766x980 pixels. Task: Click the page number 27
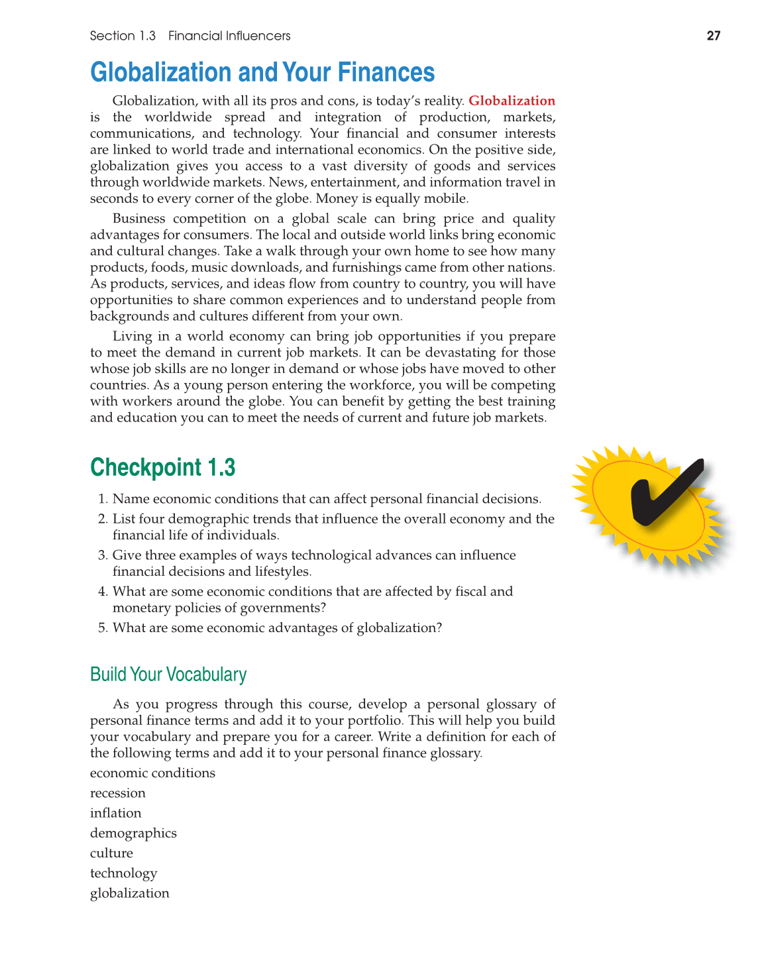pos(713,36)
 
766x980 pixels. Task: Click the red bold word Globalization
pos(512,101)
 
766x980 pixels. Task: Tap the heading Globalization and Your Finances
pos(262,72)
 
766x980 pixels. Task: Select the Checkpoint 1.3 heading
pos(163,467)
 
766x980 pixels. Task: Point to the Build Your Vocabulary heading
pos(168,675)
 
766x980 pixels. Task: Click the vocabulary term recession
pos(118,793)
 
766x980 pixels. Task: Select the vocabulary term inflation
pos(116,813)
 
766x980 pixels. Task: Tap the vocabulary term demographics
pos(133,833)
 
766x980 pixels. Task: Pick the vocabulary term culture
pos(111,853)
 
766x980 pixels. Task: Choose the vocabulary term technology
pos(124,873)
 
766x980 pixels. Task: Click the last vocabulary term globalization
pos(130,893)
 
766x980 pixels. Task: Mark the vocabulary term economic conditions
pos(152,773)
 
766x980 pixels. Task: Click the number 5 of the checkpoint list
pos(102,628)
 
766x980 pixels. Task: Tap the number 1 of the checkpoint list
pos(102,499)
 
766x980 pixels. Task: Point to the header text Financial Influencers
pos(229,36)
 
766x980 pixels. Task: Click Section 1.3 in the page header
pos(123,36)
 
